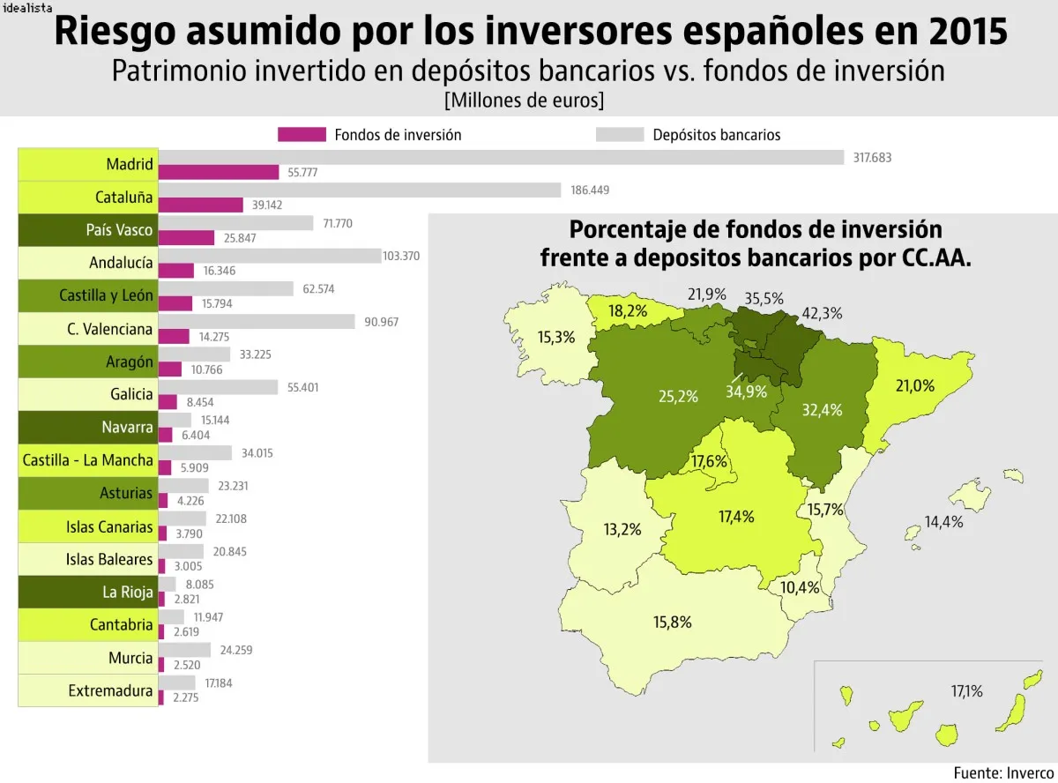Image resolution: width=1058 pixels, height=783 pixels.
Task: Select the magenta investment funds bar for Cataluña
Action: click(201, 205)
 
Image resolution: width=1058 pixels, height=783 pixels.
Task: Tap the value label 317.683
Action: click(873, 157)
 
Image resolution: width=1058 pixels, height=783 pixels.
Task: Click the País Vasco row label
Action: click(88, 230)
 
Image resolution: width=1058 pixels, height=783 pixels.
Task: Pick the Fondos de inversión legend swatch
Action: click(302, 135)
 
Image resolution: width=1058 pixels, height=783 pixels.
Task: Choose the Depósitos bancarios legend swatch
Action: click(622, 135)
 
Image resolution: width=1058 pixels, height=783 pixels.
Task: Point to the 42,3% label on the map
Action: click(822, 313)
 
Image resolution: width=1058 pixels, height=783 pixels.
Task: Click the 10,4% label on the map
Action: click(800, 587)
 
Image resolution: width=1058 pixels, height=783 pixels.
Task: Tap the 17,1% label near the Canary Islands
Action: click(966, 690)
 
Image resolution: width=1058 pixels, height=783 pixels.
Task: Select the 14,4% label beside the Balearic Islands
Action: click(943, 521)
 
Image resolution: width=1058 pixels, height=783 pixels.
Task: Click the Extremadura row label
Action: click(88, 690)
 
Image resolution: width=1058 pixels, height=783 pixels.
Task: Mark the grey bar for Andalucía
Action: click(270, 256)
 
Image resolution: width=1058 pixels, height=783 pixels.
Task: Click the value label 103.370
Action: click(401, 256)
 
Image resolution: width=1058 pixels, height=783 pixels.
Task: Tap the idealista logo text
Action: click(27, 6)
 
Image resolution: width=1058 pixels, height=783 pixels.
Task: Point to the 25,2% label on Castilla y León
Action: click(678, 396)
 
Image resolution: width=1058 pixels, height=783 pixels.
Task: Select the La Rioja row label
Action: click(88, 592)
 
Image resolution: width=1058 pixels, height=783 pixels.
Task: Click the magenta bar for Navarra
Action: click(166, 435)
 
